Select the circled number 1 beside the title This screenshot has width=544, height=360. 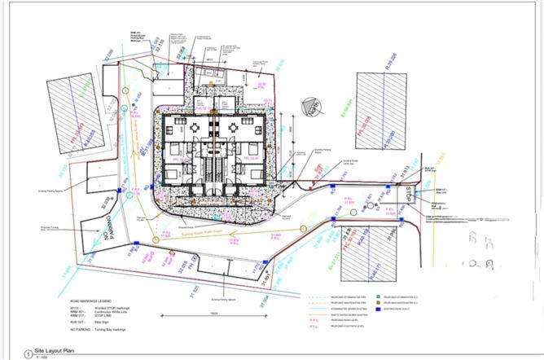point(30,349)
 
